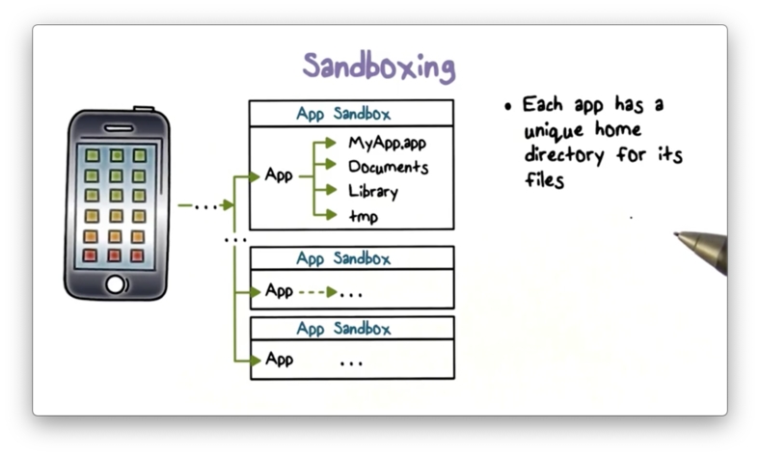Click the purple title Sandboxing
379,67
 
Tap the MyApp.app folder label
387,144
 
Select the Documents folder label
388,167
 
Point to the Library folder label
372,191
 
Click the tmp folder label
363,215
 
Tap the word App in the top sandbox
279,175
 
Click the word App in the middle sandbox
279,290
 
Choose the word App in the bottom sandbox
279,360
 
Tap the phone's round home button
116,284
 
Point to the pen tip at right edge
679,234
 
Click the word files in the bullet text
544,178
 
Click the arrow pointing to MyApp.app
329,144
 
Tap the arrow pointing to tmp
329,215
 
